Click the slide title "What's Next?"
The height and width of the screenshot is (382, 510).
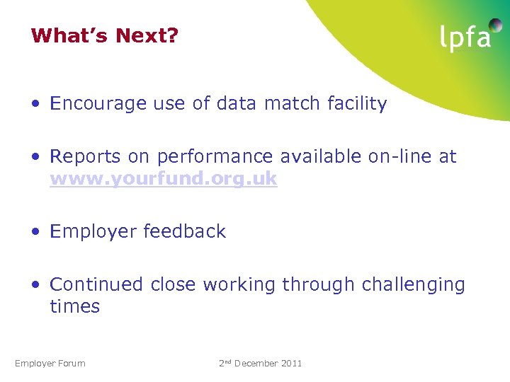click(104, 35)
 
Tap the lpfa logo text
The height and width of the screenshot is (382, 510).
click(465, 38)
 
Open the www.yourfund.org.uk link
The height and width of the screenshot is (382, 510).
click(163, 179)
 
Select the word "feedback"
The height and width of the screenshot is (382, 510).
click(184, 231)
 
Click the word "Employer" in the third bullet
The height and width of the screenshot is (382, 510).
click(93, 231)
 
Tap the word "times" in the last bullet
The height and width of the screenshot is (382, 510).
click(74, 306)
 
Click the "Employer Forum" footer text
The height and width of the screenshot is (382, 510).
click(50, 364)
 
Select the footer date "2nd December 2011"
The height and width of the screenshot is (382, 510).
click(260, 364)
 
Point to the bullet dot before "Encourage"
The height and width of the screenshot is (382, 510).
click(35, 105)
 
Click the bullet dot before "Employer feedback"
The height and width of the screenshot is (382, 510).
click(35, 232)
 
